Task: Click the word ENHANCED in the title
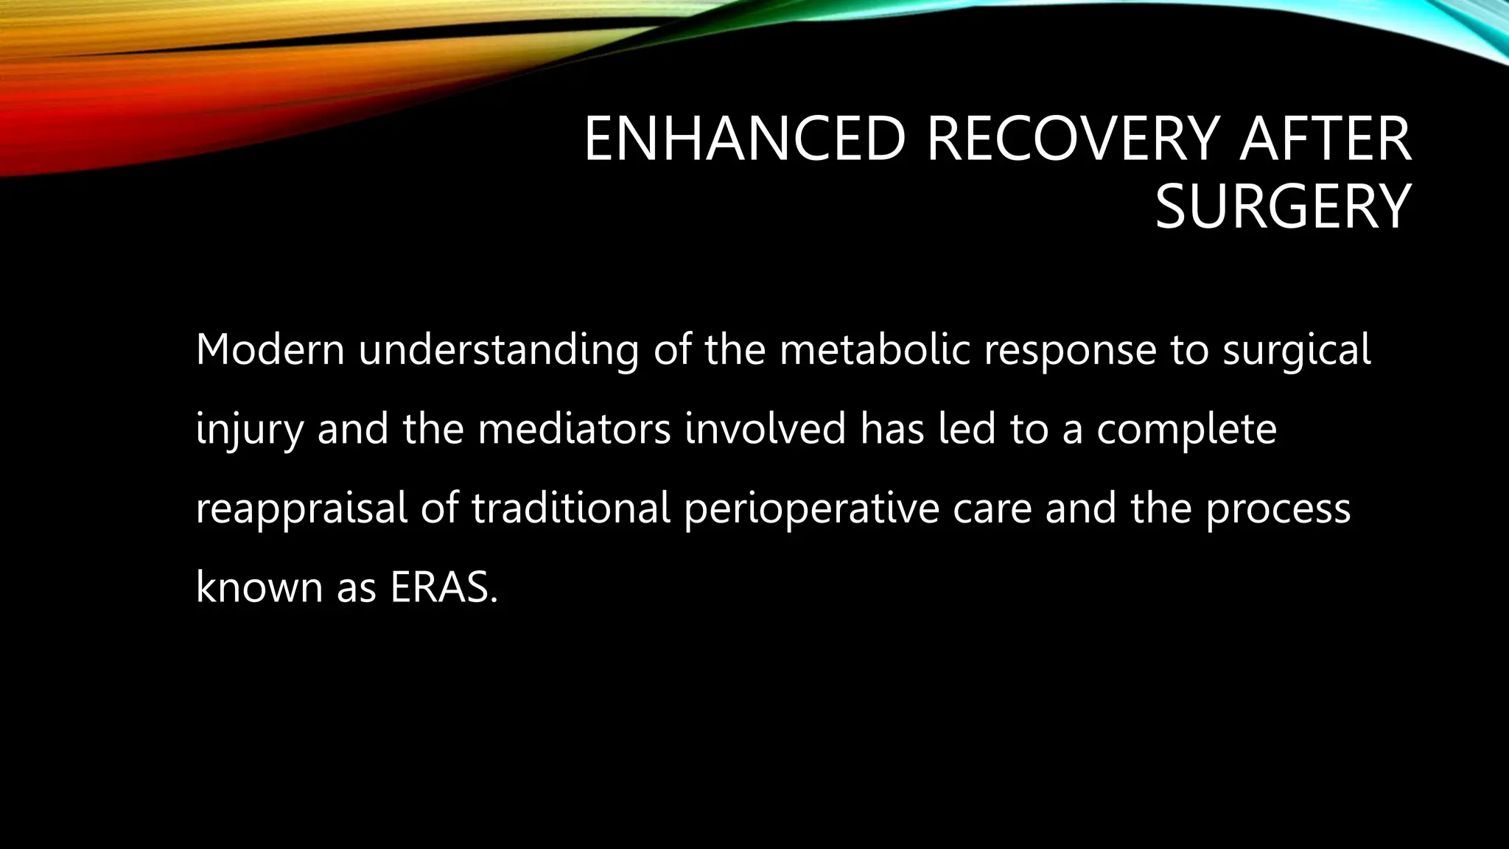pos(744,139)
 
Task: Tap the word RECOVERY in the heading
pos(1073,139)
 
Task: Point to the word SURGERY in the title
pos(1282,208)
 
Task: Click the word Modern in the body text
pos(270,349)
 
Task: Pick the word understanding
pos(498,351)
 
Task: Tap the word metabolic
pos(875,349)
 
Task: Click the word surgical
pos(1297,351)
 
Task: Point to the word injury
pos(249,430)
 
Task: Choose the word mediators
pos(574,429)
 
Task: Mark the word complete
pos(1186,430)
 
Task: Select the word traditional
pos(571,509)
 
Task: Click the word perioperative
pos(810,510)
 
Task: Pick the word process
pos(1278,510)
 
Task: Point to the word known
pos(259,588)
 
